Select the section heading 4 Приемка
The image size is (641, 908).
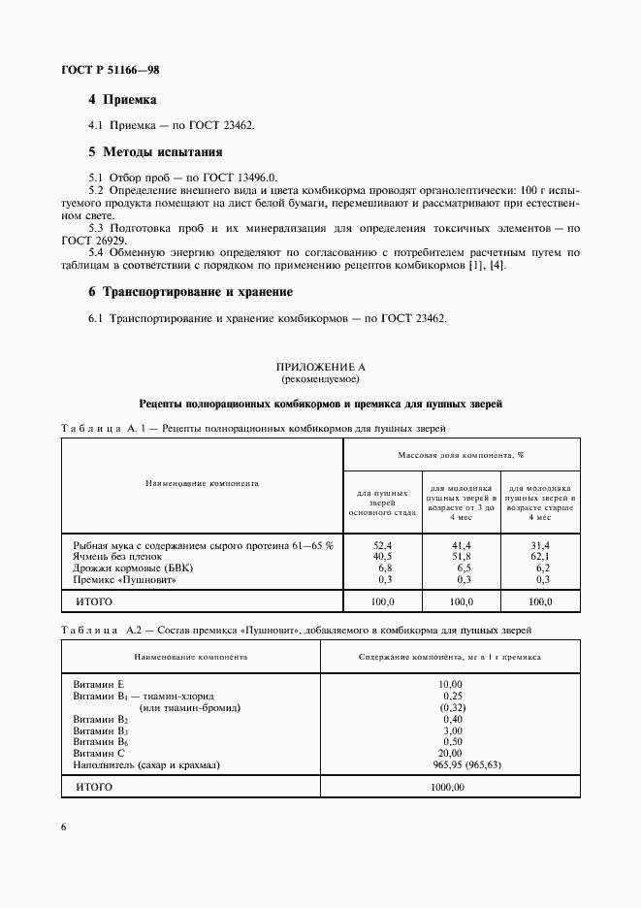point(122,100)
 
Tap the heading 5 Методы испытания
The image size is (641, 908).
point(155,152)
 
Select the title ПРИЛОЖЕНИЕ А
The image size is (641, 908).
point(320,368)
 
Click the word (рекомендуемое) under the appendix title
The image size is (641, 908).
point(320,380)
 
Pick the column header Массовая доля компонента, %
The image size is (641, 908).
point(461,454)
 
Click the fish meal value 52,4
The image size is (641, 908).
point(381,546)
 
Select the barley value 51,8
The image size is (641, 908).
point(461,557)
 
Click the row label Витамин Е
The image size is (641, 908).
point(99,685)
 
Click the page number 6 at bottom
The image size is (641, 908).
point(64,827)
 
